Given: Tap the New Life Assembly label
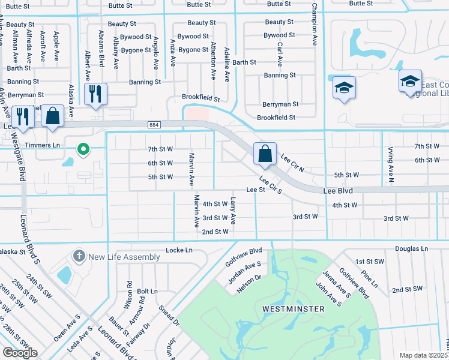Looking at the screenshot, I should pyautogui.click(x=124, y=257).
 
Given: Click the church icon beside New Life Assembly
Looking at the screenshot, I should pyautogui.click(x=78, y=256).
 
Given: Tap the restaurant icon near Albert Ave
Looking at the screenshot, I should pyautogui.click(x=95, y=94).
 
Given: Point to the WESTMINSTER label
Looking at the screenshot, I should pyautogui.click(x=294, y=309).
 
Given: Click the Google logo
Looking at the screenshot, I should pyautogui.click(x=20, y=353).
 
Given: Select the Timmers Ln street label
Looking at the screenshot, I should pyautogui.click(x=48, y=146).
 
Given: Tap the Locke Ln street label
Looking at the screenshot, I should pyautogui.click(x=179, y=250).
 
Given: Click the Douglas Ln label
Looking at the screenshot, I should pyautogui.click(x=411, y=248).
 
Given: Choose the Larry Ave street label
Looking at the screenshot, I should pyautogui.click(x=234, y=211).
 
